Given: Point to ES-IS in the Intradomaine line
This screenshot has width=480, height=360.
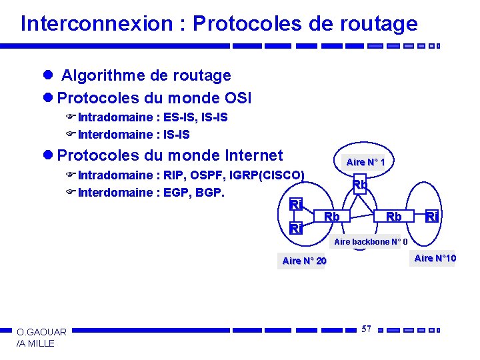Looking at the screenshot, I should pos(179,117).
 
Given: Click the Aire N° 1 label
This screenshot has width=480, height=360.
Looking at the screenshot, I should pos(365,162).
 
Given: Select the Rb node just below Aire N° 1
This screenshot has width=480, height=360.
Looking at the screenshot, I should pos(360,185).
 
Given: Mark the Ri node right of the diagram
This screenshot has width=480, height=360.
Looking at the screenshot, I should pos(432,217).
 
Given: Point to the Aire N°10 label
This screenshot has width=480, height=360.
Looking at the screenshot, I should pos(435,259).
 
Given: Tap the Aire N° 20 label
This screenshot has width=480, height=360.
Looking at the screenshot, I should pos(305,261).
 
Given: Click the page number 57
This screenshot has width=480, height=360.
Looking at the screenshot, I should pos(366,329).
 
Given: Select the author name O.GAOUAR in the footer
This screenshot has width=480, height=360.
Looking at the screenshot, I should pos(41,332).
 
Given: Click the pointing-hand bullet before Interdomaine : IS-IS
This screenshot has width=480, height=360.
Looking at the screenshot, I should pos(71,135).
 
